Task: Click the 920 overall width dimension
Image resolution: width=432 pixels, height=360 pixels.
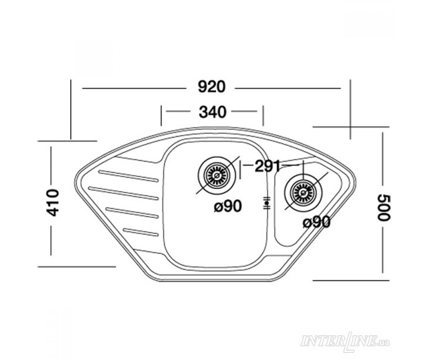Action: [x=211, y=87]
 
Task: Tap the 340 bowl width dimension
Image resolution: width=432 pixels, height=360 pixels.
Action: [x=212, y=112]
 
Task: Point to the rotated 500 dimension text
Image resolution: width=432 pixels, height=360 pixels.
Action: [x=384, y=208]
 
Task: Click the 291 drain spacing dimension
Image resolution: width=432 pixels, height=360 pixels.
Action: [x=267, y=166]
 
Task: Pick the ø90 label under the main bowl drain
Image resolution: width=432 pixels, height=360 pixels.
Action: [x=228, y=206]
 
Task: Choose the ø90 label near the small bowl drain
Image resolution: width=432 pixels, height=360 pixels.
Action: [x=316, y=222]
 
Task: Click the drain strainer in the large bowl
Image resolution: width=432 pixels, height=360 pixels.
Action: [x=216, y=175]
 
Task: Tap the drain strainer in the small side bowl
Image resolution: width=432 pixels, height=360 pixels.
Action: [x=303, y=193]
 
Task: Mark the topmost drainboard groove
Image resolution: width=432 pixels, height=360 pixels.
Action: [x=128, y=176]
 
